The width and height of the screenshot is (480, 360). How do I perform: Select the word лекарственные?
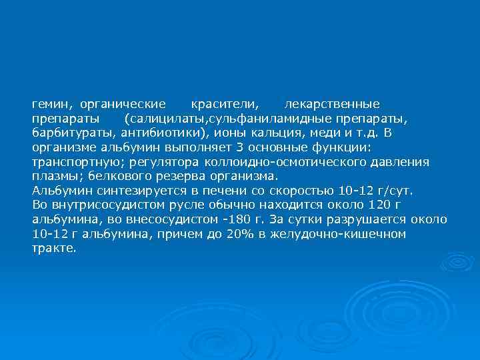(x=332, y=105)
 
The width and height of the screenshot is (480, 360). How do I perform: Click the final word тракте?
(x=54, y=248)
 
